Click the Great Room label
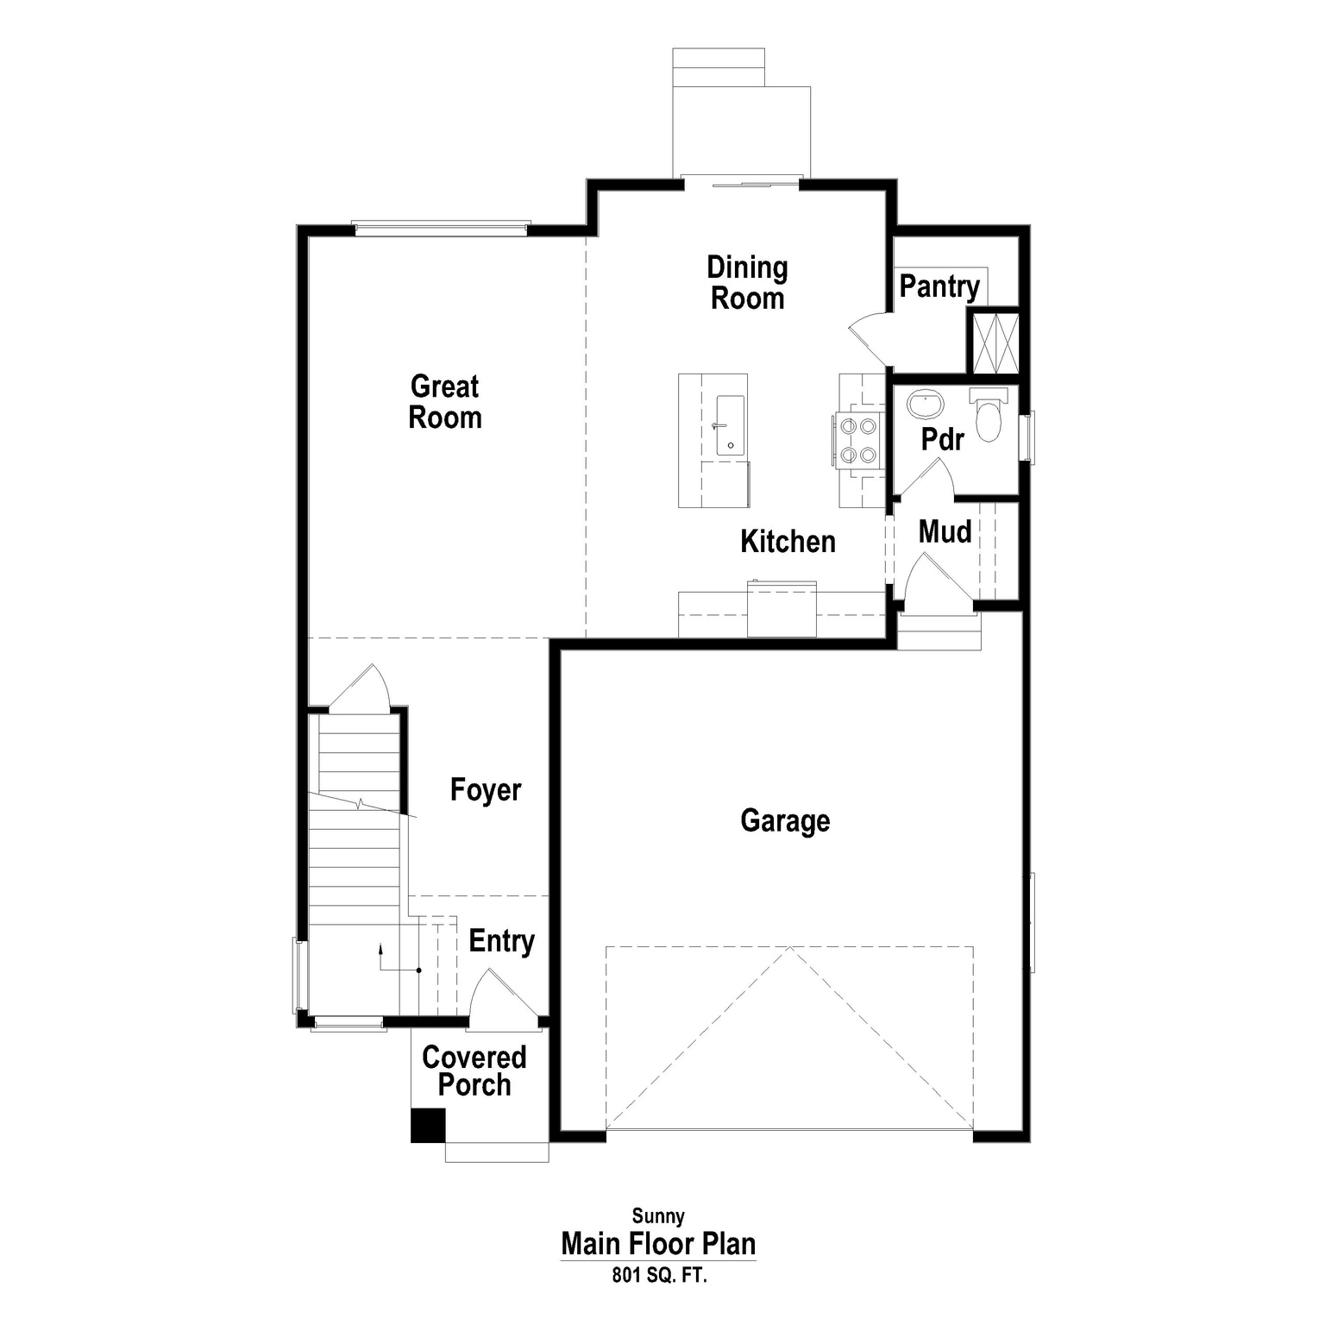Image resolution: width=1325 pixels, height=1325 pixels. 444,402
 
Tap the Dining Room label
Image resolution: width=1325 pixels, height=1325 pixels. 747,283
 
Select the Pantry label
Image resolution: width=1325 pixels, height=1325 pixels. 939,286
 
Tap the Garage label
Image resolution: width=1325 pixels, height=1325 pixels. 785,820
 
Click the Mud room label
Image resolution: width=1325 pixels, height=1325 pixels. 945,532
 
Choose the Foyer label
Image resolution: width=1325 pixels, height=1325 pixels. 486,790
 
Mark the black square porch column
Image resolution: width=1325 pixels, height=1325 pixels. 427,1126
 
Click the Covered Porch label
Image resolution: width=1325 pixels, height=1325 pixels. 474,1071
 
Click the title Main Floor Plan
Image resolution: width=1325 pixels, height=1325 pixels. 658,1244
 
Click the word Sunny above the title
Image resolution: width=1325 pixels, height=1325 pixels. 658,1216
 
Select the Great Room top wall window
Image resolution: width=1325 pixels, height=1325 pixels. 441,229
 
